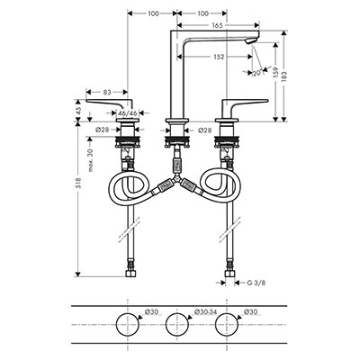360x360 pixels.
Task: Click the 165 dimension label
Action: pyautogui.click(x=217, y=25)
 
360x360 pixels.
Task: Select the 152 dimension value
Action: pyautogui.click(x=219, y=57)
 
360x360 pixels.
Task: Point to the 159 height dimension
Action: pyautogui.click(x=276, y=73)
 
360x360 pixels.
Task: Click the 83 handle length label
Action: pyautogui.click(x=108, y=92)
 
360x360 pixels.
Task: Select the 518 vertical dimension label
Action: pyautogui.click(x=78, y=184)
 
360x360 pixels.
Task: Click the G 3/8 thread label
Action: pyautogui.click(x=256, y=283)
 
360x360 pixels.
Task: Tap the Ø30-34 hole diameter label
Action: pyautogui.click(x=205, y=312)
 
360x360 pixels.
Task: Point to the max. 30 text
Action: pyautogui.click(x=91, y=160)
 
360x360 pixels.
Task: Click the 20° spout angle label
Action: pyautogui.click(x=257, y=72)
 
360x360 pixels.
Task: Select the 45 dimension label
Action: pyautogui.click(x=78, y=111)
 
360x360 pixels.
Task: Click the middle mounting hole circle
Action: pyautogui.click(x=177, y=324)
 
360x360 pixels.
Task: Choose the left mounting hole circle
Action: pyautogui.click(x=128, y=324)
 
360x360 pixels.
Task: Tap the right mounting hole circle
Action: pyautogui.click(x=227, y=324)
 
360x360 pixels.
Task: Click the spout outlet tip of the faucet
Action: pyautogui.click(x=251, y=42)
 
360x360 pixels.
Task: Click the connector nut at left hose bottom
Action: pyautogui.click(x=130, y=274)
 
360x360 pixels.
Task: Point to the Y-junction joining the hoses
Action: pyautogui.click(x=177, y=179)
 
